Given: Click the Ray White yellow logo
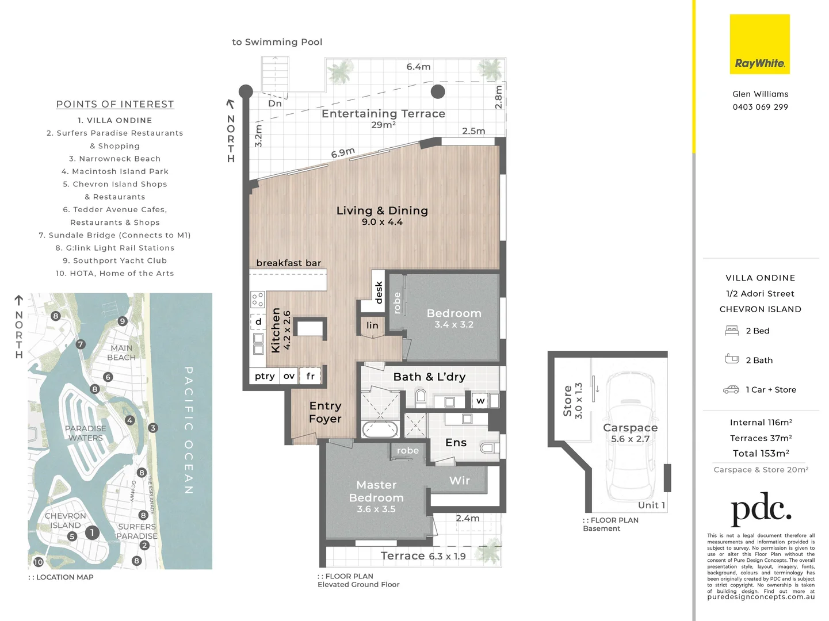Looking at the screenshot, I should click(759, 44).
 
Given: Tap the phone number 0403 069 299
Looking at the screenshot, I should click(760, 107).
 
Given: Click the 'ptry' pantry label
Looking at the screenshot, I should click(265, 376).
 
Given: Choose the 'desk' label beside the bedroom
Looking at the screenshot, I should click(378, 292).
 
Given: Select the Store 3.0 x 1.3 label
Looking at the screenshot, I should click(572, 400).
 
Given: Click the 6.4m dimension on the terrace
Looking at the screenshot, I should click(418, 67).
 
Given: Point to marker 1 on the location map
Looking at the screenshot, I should click(92, 533).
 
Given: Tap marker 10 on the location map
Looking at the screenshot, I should click(38, 562).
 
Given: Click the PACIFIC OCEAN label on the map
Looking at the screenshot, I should click(188, 430).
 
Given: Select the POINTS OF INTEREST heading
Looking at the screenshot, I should click(115, 104).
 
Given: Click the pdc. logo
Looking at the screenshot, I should click(761, 509).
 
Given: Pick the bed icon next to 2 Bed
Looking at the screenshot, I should click(732, 331).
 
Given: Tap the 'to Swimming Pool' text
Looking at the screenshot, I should click(277, 42).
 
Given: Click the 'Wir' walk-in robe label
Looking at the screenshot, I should click(459, 480).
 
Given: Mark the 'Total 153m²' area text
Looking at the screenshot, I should click(761, 454).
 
